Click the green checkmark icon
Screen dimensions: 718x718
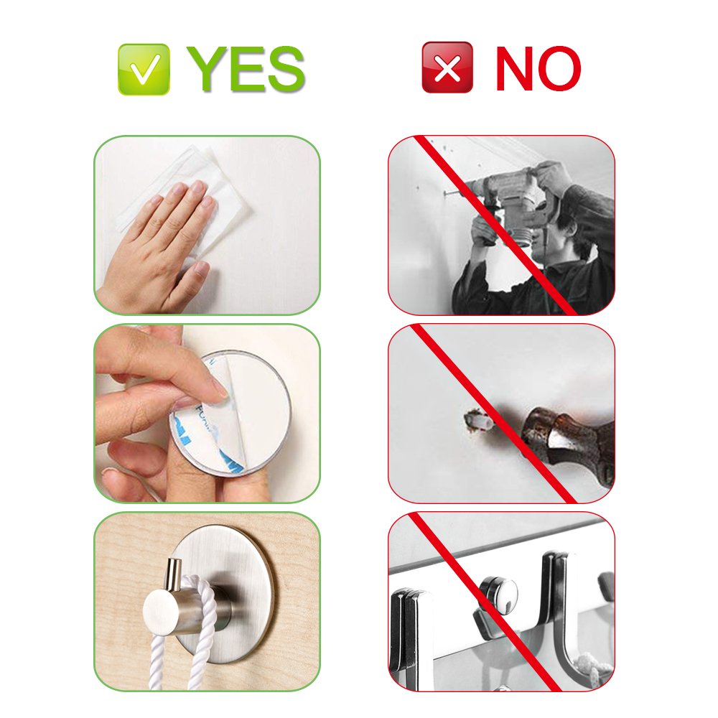point(144,70)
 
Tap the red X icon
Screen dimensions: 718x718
point(447,67)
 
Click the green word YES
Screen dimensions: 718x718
point(246,70)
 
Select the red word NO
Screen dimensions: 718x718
point(538,68)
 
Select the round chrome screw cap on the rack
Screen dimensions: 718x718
point(498,594)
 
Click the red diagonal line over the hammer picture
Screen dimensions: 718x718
point(494,414)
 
